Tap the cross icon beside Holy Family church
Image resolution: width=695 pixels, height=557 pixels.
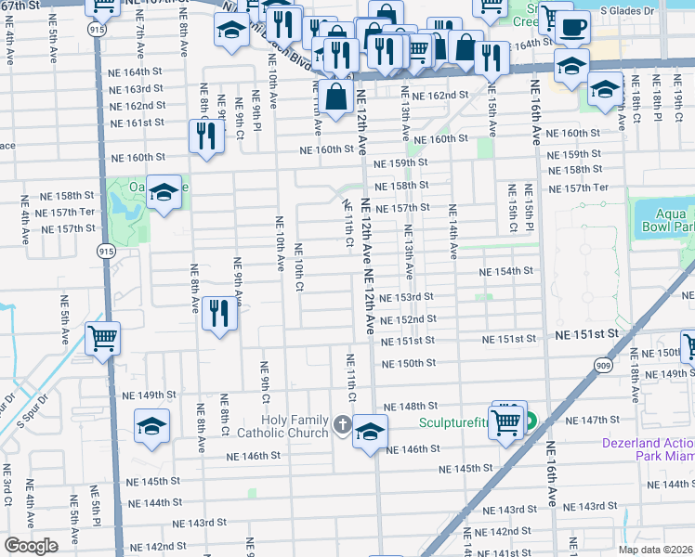(342, 426)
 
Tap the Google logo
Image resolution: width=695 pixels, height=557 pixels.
(31, 546)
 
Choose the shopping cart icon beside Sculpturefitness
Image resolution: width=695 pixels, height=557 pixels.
(505, 421)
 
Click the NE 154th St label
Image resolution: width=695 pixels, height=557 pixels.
(506, 271)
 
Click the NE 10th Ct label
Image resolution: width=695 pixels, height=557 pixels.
(299, 267)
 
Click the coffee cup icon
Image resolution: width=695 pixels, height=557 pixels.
(572, 27)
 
